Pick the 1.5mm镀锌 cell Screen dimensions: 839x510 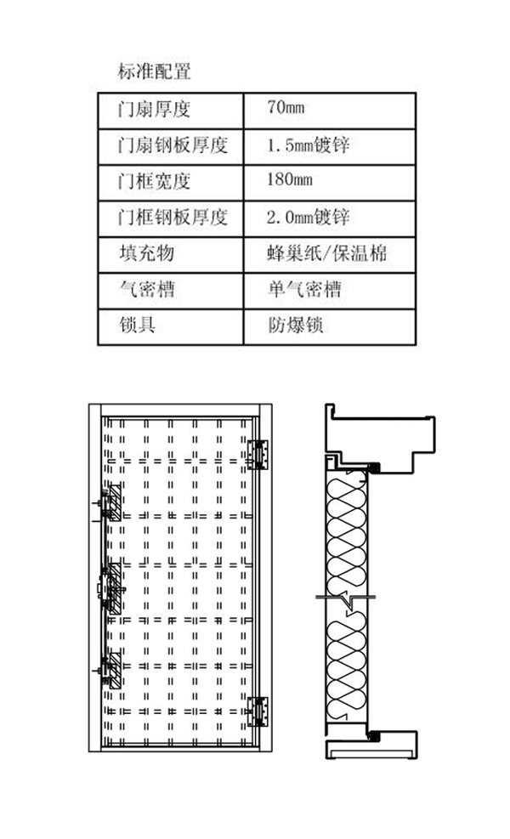pyautogui.click(x=308, y=145)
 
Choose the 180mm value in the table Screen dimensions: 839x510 pyautogui.click(x=290, y=181)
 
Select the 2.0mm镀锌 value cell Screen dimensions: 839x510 pyautogui.click(x=308, y=217)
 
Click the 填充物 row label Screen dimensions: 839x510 pyautogui.click(x=148, y=253)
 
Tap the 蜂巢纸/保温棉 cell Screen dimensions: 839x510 pyautogui.click(x=329, y=253)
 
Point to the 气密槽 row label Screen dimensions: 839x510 pyautogui.click(x=148, y=290)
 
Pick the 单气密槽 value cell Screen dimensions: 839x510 pyautogui.click(x=303, y=290)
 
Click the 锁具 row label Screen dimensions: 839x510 pyautogui.click(x=137, y=326)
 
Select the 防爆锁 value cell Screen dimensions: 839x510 pyautogui.click(x=295, y=326)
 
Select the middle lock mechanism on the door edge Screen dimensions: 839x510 pyautogui.click(x=110, y=587)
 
